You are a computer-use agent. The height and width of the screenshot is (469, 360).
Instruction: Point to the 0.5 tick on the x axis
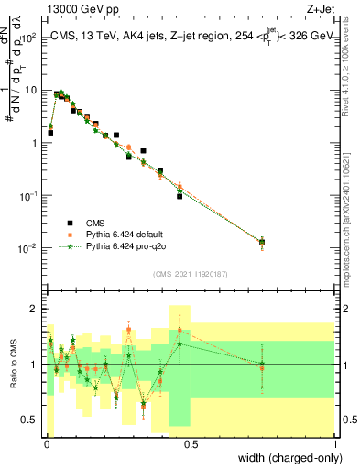tap(191, 444)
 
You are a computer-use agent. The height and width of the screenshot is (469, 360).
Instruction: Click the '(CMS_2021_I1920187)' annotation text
tap(190, 274)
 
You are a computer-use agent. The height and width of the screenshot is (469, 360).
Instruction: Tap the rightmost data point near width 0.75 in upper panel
tap(262, 243)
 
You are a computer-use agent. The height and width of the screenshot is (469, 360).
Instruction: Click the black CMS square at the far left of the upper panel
tap(50, 133)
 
